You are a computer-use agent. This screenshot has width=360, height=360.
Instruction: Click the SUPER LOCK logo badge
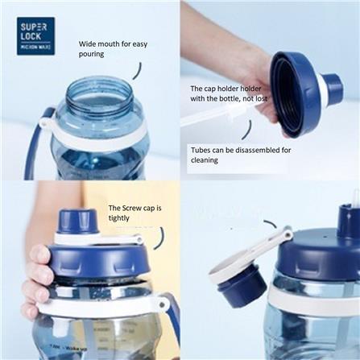click(35, 35)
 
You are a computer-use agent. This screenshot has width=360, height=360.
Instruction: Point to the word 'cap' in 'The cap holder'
click(212, 88)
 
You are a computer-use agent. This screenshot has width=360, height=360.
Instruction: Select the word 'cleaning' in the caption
click(205, 159)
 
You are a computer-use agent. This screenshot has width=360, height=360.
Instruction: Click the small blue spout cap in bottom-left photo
click(79, 220)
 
